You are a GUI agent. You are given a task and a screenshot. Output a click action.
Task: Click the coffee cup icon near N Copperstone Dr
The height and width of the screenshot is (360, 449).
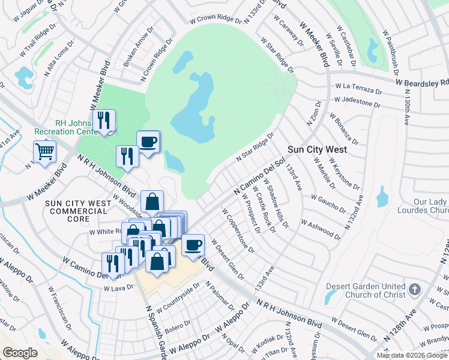click(193, 245)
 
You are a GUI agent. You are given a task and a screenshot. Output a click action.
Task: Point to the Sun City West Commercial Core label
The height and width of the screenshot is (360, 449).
click(79, 208)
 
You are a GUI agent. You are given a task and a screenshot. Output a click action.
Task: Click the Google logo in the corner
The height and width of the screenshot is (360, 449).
click(20, 353)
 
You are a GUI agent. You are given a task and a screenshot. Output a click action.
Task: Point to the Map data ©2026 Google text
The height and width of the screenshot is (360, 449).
click(412, 355)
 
